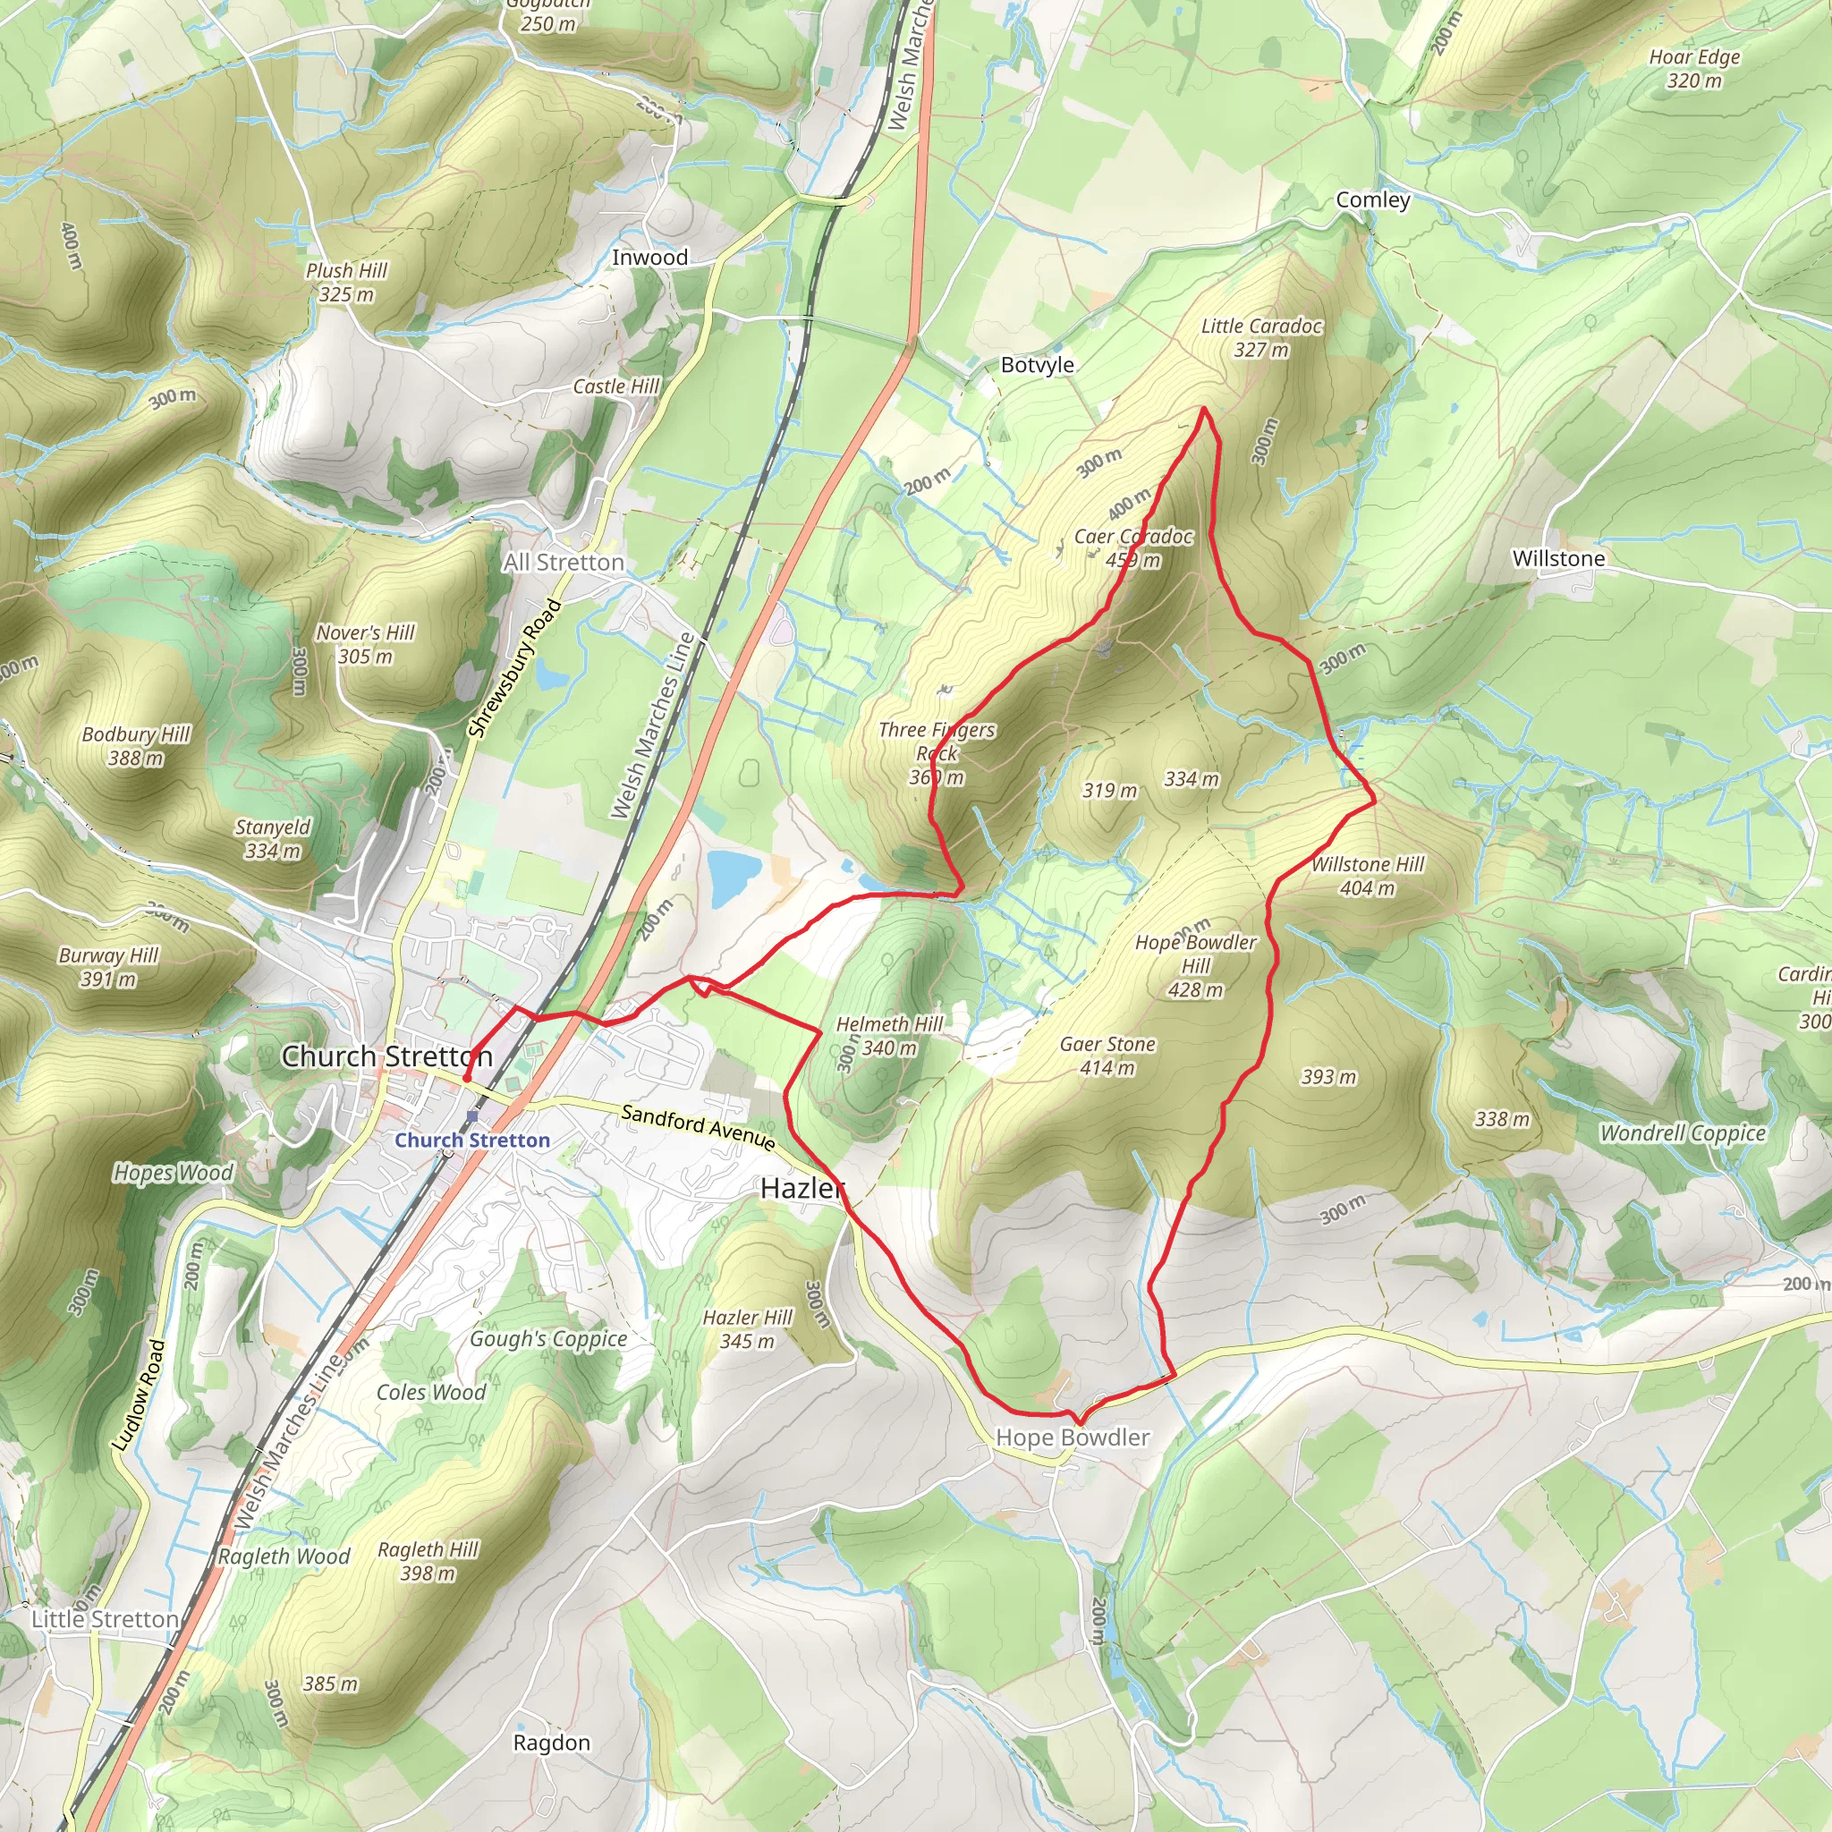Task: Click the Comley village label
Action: pyautogui.click(x=1372, y=200)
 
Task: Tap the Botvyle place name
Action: pyautogui.click(x=1038, y=365)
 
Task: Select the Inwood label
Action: pyautogui.click(x=649, y=258)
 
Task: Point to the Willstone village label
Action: pyautogui.click(x=1558, y=558)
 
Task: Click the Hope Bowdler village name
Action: pyautogui.click(x=1073, y=1438)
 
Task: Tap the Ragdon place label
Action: pyautogui.click(x=551, y=1743)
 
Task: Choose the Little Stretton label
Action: pyautogui.click(x=106, y=1618)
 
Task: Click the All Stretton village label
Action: pyautogui.click(x=564, y=563)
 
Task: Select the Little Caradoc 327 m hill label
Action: pyautogui.click(x=1261, y=337)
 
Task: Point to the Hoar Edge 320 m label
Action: pyautogui.click(x=1694, y=68)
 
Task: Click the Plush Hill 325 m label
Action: pyautogui.click(x=346, y=283)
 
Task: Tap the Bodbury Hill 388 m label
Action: pyautogui.click(x=136, y=746)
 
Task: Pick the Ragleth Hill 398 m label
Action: pyautogui.click(x=428, y=1562)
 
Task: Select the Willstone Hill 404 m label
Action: pyautogui.click(x=1368, y=876)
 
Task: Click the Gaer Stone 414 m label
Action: pyautogui.click(x=1107, y=1056)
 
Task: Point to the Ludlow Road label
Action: pyautogui.click(x=139, y=1394)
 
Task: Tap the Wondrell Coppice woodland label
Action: pyautogui.click(x=1683, y=1133)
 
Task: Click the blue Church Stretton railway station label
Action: pyautogui.click(x=472, y=1140)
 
